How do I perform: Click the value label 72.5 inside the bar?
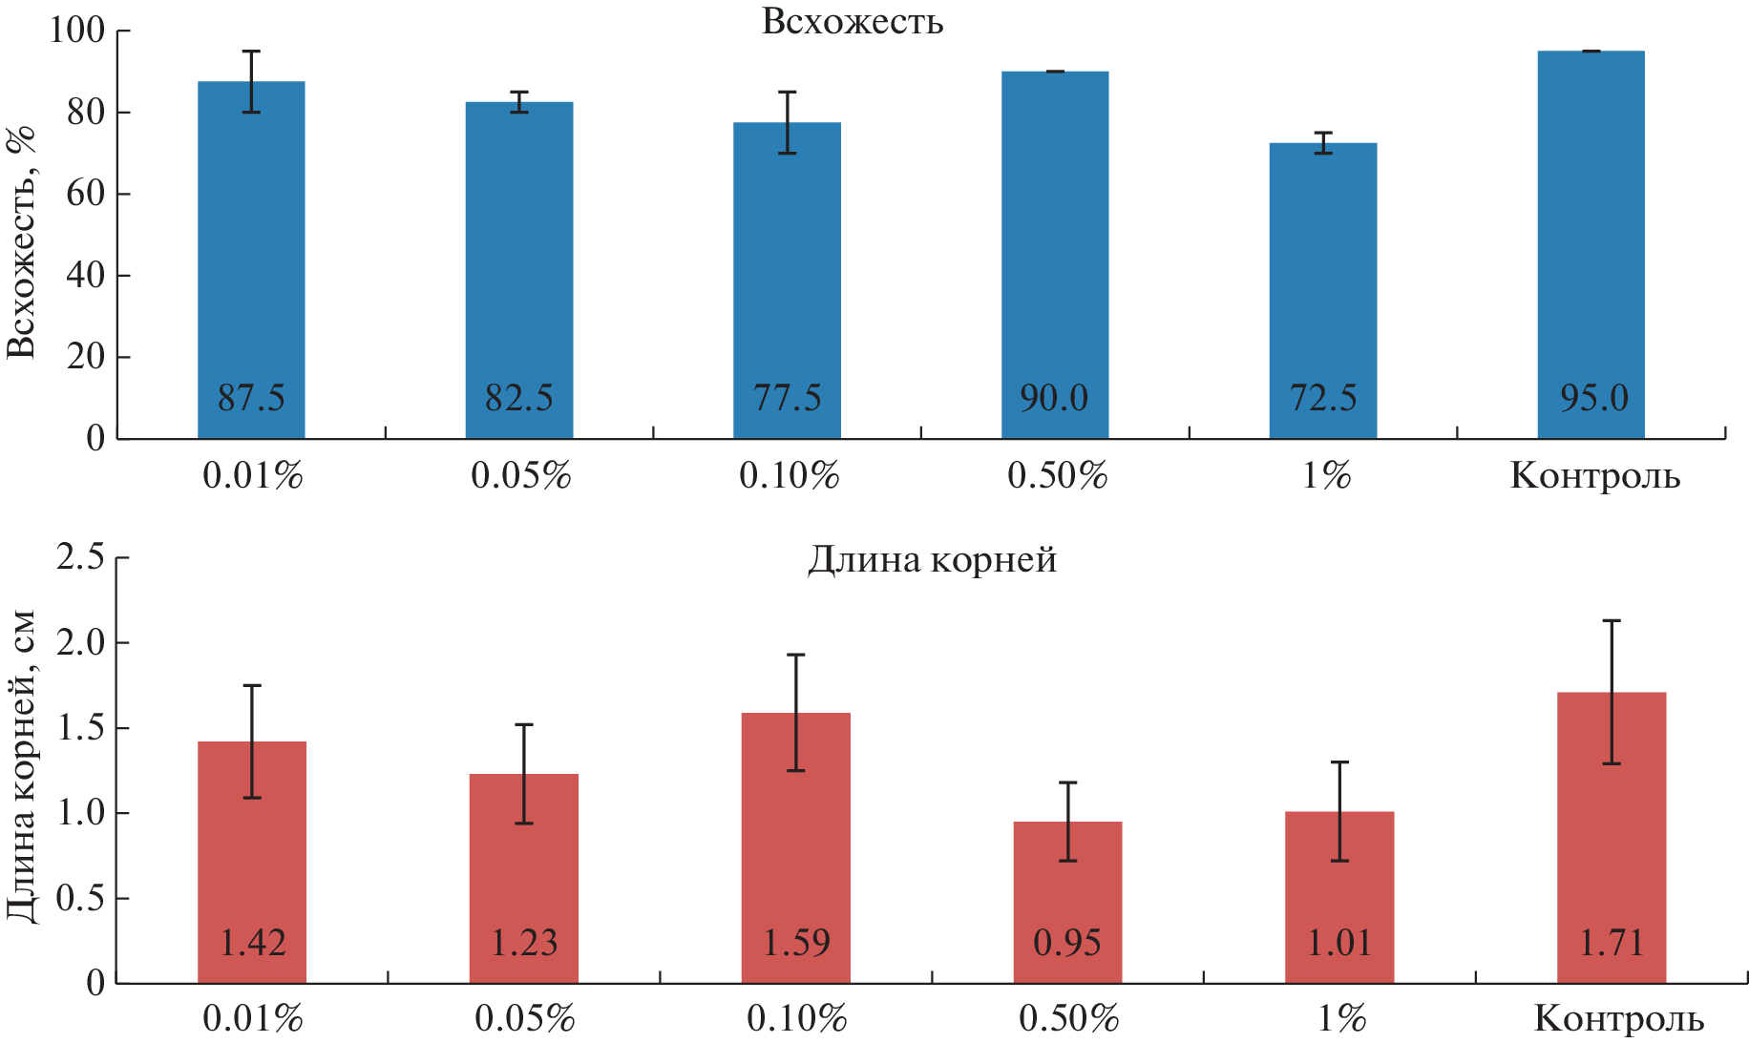coord(1323,397)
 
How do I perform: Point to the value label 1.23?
coord(523,943)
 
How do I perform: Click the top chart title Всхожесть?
coord(853,21)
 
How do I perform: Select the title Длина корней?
coord(933,559)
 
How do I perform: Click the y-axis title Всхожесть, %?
coord(21,241)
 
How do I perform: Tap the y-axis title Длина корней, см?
coord(21,766)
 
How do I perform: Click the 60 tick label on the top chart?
coord(86,193)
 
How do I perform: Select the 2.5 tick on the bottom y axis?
coord(80,556)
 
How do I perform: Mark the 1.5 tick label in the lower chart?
coord(80,727)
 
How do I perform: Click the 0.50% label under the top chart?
coord(1057,475)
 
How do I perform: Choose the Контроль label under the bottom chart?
coord(1618,1019)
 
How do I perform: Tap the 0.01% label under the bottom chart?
coord(252,1019)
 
